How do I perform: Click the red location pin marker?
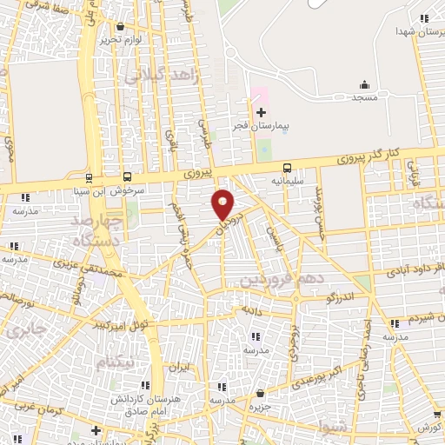[223, 204]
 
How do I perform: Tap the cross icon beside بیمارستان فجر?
[261, 112]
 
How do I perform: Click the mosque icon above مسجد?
[365, 84]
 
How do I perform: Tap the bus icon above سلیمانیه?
[286, 167]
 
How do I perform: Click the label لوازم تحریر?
[119, 40]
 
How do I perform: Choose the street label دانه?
[252, 309]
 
